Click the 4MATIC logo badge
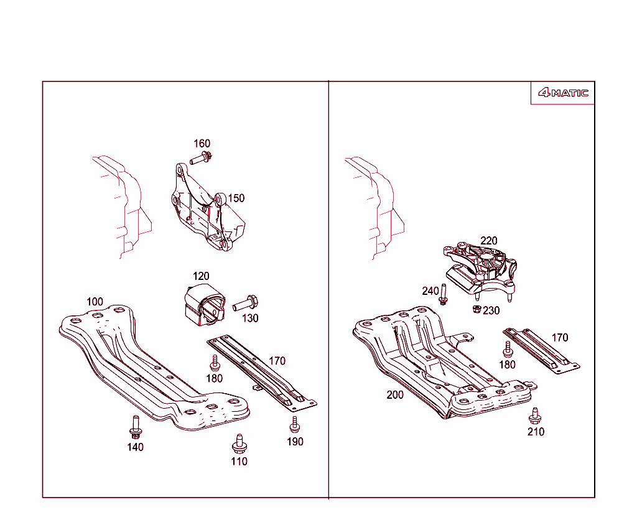point(562,93)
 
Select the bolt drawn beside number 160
point(202,158)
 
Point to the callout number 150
point(236,198)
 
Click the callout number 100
point(95,302)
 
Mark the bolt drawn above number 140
point(135,426)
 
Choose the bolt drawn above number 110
point(238,443)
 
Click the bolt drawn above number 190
point(294,424)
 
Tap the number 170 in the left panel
point(277,361)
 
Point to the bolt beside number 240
point(443,294)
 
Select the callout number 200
point(395,395)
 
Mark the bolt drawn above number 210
point(534,415)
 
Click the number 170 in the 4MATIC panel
point(560,338)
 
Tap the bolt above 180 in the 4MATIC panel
point(508,349)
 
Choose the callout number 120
point(201,276)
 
